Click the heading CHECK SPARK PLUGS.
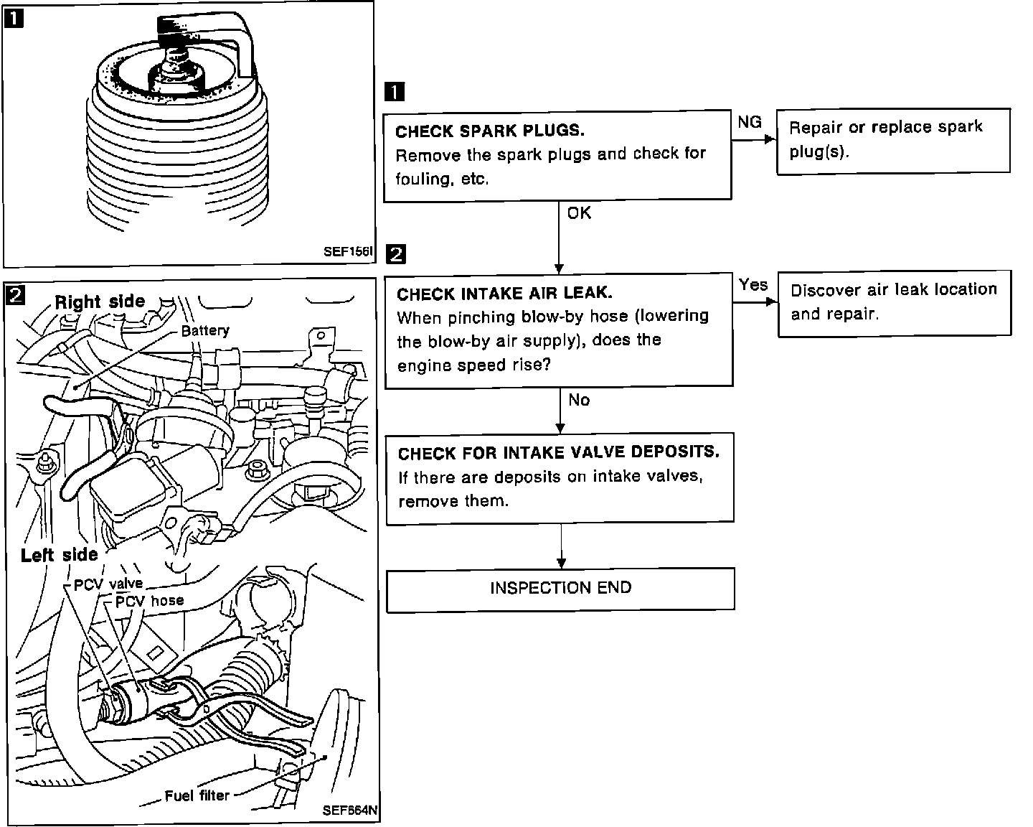(490, 131)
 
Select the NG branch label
(750, 123)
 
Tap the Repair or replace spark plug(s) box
(893, 140)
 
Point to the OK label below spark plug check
(579, 213)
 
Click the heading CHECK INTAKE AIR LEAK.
(504, 294)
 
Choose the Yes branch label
(753, 285)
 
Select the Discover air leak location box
(894, 302)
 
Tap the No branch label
(579, 401)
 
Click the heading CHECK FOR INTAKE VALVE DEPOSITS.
(559, 453)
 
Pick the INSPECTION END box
(560, 589)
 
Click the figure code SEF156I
(348, 252)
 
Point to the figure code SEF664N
(349, 810)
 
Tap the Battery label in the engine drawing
(205, 331)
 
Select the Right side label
(100, 302)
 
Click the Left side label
(59, 555)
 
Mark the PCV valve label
(108, 584)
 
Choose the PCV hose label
(149, 601)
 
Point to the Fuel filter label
(197, 795)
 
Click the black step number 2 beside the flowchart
(396, 254)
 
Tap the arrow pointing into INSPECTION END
(561, 560)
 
